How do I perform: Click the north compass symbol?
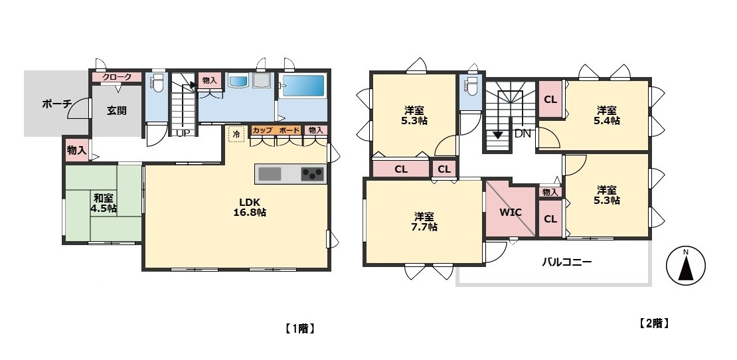[x=686, y=266]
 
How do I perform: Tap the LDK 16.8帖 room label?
[x=250, y=207]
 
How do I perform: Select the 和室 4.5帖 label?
[x=104, y=203]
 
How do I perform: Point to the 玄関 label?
[x=117, y=111]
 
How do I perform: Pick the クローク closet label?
[x=117, y=77]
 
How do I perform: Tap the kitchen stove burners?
[x=313, y=174]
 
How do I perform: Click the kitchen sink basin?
[x=270, y=174]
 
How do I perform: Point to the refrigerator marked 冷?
[x=236, y=134]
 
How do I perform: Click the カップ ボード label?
[x=276, y=130]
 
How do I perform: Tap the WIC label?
[x=511, y=212]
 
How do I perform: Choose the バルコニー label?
[x=567, y=262]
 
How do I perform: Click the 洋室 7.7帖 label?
[x=424, y=221]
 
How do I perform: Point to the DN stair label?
[x=523, y=134]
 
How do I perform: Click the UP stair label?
[x=183, y=133]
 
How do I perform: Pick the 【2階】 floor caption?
[x=654, y=323]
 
